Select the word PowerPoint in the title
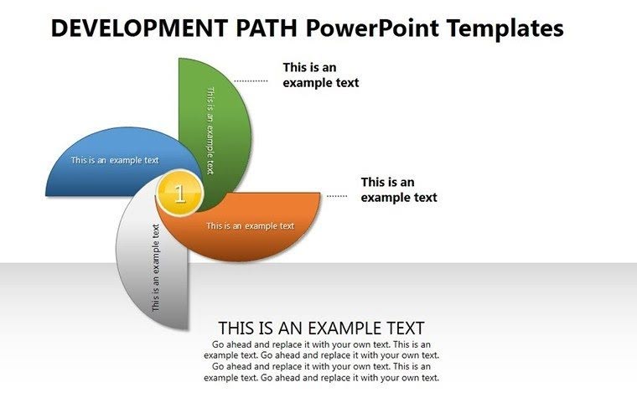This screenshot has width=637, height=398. click(370, 29)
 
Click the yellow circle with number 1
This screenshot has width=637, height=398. click(179, 194)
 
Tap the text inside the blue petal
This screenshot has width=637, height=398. click(115, 160)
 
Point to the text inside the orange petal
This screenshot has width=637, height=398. click(250, 225)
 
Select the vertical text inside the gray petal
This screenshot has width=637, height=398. click(156, 268)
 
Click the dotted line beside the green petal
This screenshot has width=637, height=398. click(251, 81)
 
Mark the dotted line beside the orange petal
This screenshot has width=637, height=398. click(337, 196)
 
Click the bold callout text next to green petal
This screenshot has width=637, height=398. click(320, 75)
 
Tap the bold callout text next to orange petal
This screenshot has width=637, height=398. click(399, 189)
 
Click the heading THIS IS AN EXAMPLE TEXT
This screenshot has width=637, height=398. click(321, 328)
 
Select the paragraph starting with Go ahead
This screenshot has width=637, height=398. click(321, 361)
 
